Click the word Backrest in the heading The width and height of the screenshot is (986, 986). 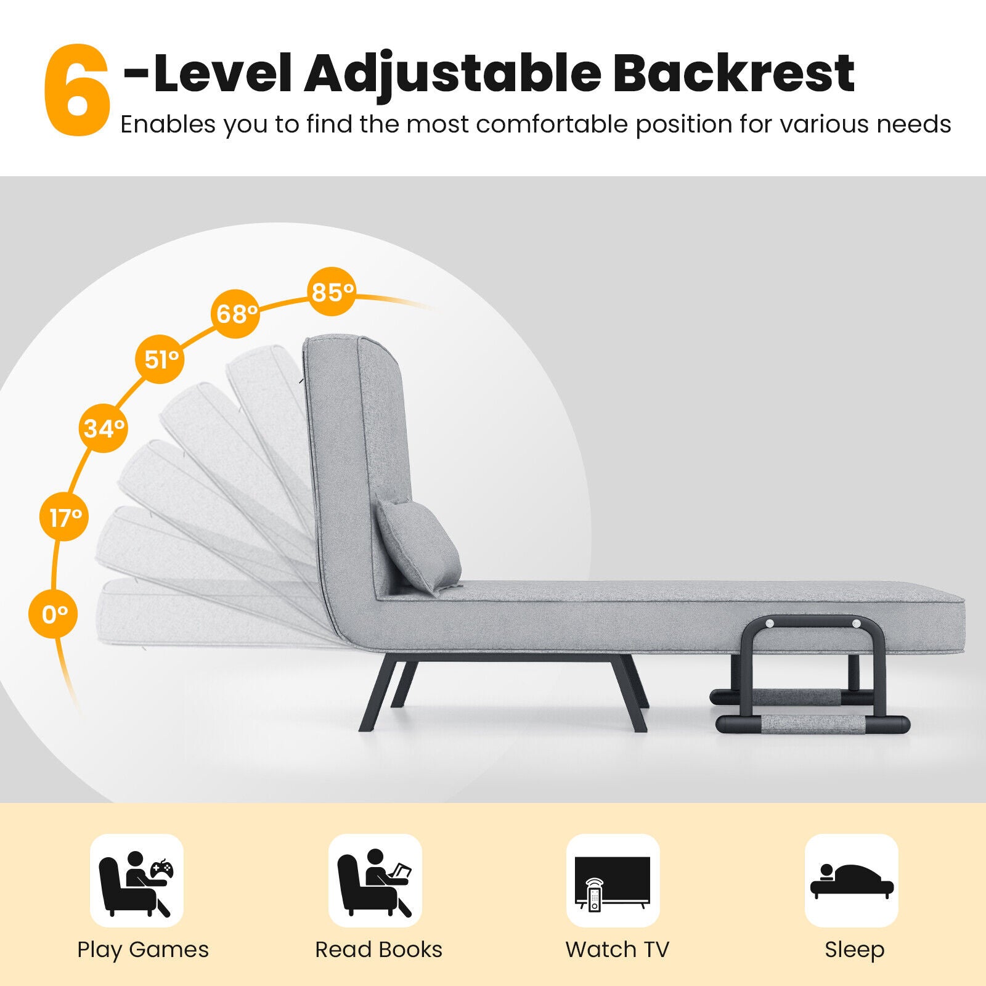coord(733,74)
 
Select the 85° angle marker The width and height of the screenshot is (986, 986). coord(332,291)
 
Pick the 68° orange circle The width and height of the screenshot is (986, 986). coord(235,314)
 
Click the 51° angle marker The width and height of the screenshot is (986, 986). coord(160,359)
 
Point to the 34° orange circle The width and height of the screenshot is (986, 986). coord(104,428)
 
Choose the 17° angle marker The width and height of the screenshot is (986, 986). coord(65,517)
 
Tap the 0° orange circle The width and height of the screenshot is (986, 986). coord(54,614)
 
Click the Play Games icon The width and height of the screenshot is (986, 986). coord(137,881)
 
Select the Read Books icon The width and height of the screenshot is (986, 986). coord(375,881)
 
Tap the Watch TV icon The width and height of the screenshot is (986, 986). coord(613,881)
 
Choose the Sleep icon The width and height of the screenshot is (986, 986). coord(851,881)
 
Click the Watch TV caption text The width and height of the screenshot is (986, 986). coord(617,950)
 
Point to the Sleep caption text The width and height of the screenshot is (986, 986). coord(854,950)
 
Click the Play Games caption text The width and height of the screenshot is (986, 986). coord(143,950)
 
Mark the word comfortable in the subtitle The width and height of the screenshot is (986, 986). coord(552,124)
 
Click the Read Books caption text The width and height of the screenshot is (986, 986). coord(378,950)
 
